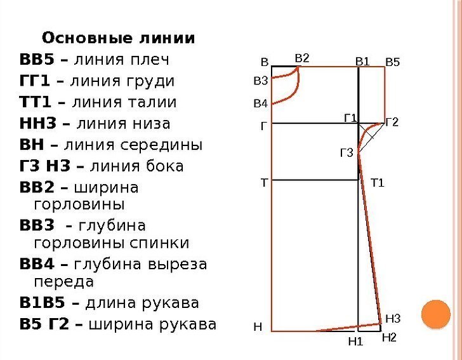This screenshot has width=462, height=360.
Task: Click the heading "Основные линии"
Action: point(119,37)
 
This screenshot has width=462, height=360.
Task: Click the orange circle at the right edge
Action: point(436,315)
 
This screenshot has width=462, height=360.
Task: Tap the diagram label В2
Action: point(302,58)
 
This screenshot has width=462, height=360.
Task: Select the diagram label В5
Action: point(393,62)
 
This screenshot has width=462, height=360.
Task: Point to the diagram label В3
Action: point(261,81)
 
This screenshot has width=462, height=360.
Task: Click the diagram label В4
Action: point(261,103)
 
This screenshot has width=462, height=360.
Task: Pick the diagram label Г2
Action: point(392,121)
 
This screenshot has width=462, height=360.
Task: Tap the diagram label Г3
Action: point(346,152)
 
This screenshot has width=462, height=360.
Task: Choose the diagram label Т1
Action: point(378,183)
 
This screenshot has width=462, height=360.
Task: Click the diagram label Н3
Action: point(393,318)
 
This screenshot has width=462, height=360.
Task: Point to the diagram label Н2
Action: point(389,338)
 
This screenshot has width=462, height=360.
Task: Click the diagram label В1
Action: point(362,62)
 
